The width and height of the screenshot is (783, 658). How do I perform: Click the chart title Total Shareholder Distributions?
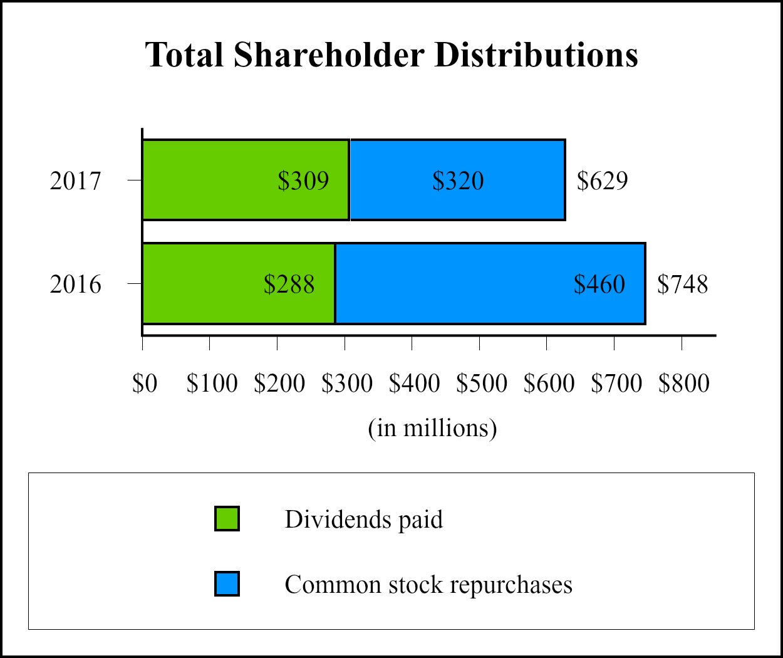[x=391, y=55]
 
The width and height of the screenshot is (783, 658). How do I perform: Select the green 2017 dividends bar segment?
[x=213, y=180]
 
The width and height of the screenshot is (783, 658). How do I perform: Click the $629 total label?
[x=602, y=181]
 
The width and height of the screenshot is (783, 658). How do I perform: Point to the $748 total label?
[x=682, y=285]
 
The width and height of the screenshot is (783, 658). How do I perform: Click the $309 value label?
[x=303, y=181]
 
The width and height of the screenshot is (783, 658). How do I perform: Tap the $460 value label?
[x=599, y=285]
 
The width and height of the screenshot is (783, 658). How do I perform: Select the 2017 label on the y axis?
[x=75, y=181]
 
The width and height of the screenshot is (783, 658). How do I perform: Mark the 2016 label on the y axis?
[x=75, y=285]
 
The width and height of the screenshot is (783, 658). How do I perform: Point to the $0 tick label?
[x=145, y=384]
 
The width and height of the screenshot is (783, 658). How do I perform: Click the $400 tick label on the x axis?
[x=414, y=384]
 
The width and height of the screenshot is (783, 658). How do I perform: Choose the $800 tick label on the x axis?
[x=683, y=384]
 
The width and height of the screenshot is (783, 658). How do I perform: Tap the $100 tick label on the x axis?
[x=212, y=384]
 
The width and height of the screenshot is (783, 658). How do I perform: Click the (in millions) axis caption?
[x=432, y=428]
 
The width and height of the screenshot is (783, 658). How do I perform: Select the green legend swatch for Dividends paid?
[x=227, y=519]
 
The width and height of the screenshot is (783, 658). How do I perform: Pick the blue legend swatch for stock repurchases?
[x=227, y=584]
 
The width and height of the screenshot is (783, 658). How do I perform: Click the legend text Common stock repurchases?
[x=428, y=585]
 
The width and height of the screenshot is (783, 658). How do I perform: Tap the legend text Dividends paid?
[x=363, y=520]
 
